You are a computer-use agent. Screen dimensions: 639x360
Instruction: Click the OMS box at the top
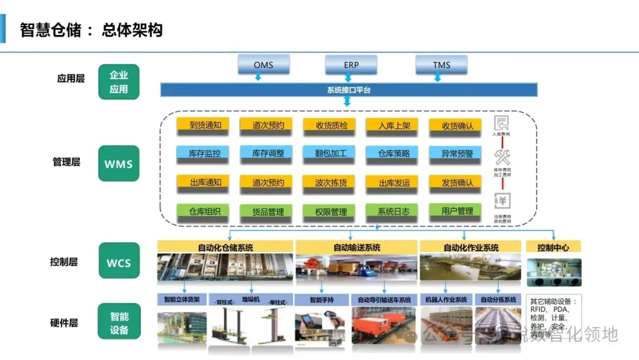(x=263, y=64)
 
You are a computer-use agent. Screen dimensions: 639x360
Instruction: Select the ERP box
(x=351, y=64)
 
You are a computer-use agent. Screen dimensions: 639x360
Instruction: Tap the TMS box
(x=441, y=64)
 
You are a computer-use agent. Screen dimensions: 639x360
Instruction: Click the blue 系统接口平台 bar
(x=349, y=90)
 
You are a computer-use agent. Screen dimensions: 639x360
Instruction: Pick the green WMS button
(x=119, y=163)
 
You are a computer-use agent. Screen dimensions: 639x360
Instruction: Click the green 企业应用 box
(x=119, y=82)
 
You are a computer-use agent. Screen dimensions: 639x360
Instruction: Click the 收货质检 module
(x=331, y=125)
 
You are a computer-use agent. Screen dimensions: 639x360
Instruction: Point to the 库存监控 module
(x=205, y=153)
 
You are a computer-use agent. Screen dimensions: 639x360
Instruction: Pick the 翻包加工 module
(x=331, y=153)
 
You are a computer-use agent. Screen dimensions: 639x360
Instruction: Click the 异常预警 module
(x=457, y=153)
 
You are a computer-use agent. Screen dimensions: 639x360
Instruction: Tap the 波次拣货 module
(x=331, y=182)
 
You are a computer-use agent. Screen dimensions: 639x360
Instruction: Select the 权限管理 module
(x=331, y=211)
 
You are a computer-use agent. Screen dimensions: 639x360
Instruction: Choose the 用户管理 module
(x=457, y=210)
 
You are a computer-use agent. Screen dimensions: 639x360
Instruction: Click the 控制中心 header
(x=553, y=247)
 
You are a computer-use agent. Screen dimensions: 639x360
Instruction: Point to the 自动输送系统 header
(x=357, y=247)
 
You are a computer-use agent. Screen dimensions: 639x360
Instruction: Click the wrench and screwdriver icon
(x=502, y=157)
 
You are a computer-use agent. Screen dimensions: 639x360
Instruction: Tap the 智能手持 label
(x=323, y=300)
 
